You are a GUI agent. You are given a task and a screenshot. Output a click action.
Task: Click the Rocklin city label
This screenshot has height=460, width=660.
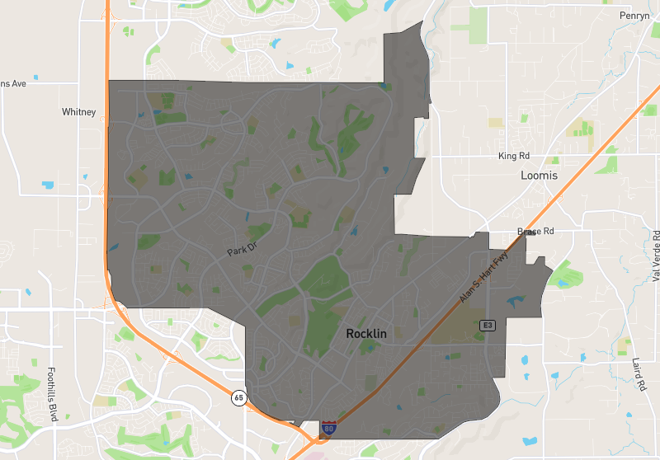pos(368,334)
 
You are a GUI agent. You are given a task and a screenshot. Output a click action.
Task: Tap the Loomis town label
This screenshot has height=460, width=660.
pos(539,176)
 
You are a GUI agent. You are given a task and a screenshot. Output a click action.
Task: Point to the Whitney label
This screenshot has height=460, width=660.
pos(79,112)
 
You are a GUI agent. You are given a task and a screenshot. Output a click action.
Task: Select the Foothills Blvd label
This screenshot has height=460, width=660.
pos(52,394)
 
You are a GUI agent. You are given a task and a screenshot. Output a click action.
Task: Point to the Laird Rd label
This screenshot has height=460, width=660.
pos(640,374)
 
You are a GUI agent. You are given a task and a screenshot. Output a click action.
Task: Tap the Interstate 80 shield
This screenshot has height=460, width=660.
pos(329,427)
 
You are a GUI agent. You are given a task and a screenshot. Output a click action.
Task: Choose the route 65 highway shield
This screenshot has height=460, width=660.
pos(238,397)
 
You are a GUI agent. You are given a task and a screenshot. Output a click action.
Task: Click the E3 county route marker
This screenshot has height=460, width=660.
pos(488,325)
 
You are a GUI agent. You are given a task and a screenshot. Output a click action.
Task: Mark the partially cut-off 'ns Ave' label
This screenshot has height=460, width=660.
pos(14,83)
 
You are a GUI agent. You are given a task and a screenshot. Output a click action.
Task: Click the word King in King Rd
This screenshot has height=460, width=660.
pos(507,156)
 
